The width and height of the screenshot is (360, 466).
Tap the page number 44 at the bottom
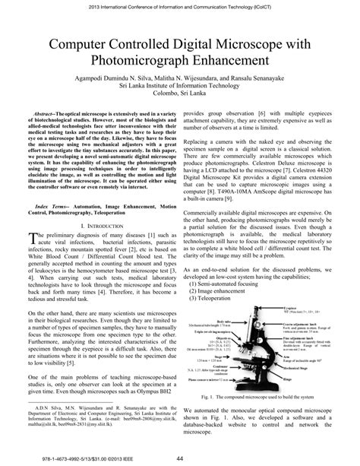[179, 457]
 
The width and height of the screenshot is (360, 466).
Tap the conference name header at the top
[179, 5]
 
